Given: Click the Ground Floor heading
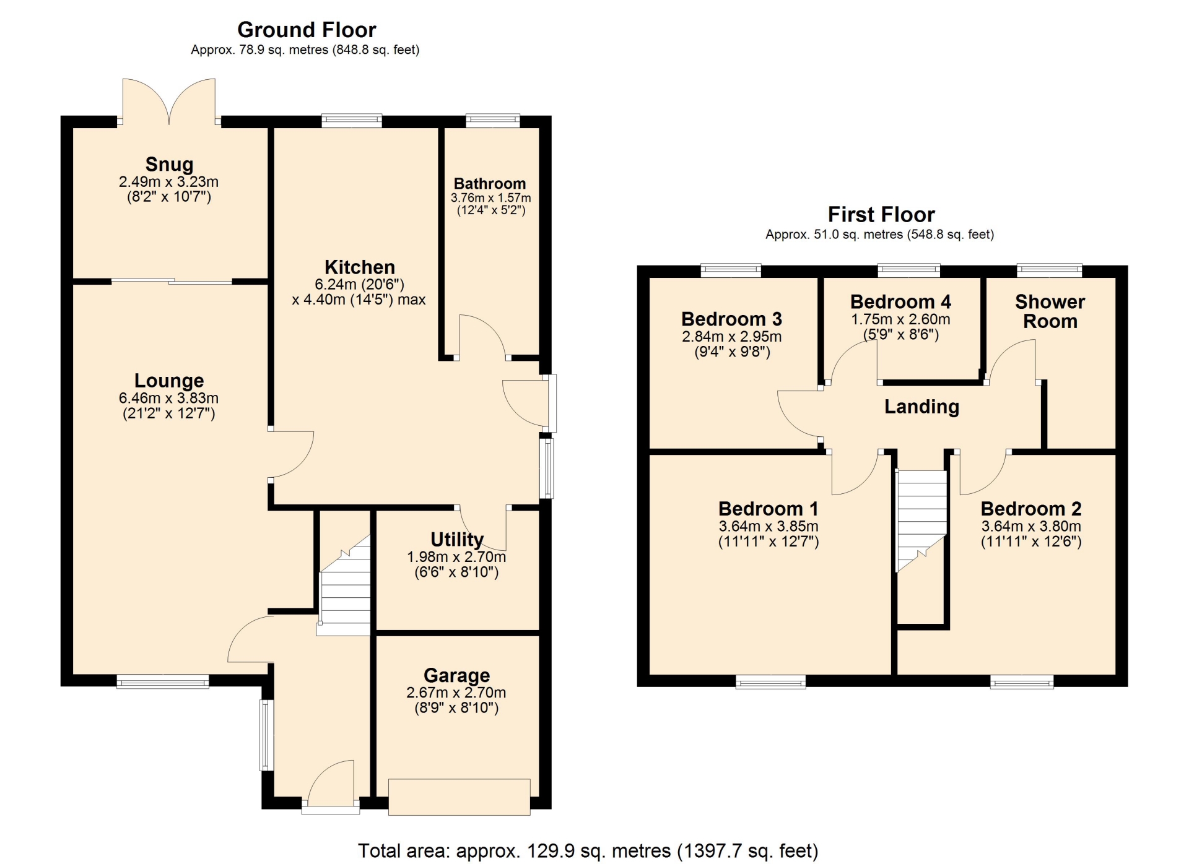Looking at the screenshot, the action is [307, 30].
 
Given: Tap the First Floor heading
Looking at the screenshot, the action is [881, 215].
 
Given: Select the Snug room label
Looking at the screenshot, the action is [169, 165].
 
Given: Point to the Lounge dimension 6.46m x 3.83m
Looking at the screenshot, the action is [168, 399].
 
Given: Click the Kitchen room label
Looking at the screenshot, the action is [360, 267].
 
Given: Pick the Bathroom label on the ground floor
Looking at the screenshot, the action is [490, 184].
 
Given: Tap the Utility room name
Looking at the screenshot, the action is [457, 540].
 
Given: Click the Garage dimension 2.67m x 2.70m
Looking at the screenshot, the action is [456, 693].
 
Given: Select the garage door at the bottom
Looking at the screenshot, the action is [459, 797].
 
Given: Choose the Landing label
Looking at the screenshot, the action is [921, 407].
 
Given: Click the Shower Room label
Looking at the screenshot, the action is [1050, 311].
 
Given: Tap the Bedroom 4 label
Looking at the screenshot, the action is [900, 302].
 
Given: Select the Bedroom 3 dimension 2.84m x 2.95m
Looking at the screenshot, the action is [731, 337].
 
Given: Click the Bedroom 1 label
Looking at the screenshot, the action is [768, 509].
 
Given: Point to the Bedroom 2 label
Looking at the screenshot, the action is [1031, 509].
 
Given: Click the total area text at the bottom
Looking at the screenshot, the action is [588, 851].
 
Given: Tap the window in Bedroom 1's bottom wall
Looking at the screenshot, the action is [771, 682].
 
